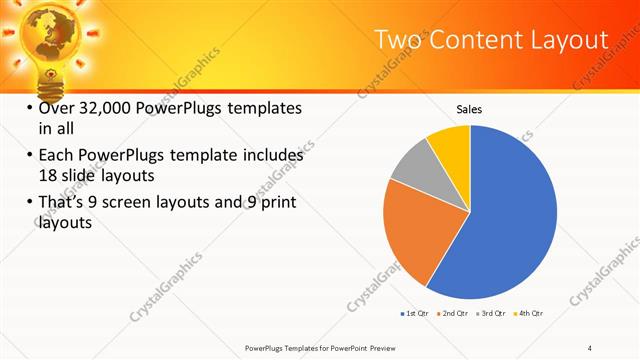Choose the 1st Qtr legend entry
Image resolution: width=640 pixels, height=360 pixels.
pyautogui.click(x=416, y=314)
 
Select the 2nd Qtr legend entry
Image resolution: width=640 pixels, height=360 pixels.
pyautogui.click(x=453, y=314)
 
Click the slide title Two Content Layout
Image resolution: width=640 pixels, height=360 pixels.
pyautogui.click(x=490, y=39)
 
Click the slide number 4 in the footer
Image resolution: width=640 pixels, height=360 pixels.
pyautogui.click(x=589, y=347)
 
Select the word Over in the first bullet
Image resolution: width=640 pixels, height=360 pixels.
pyautogui.click(x=56, y=108)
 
